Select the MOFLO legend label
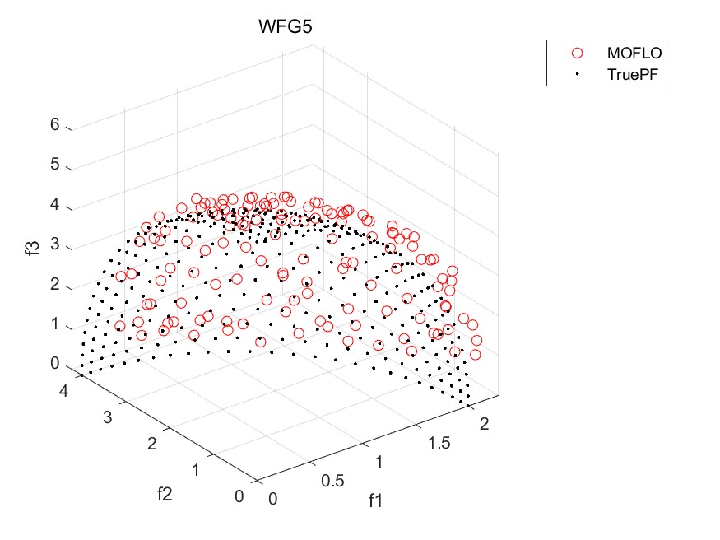click(x=635, y=53)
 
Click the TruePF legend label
click(x=635, y=74)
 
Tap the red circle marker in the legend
click(x=577, y=53)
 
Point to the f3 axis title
click(x=33, y=246)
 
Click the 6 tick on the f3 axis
click(x=55, y=125)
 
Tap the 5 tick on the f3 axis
click(x=55, y=165)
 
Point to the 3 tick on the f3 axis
click(x=55, y=245)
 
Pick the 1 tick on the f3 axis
click(x=55, y=325)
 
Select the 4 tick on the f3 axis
click(x=55, y=205)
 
